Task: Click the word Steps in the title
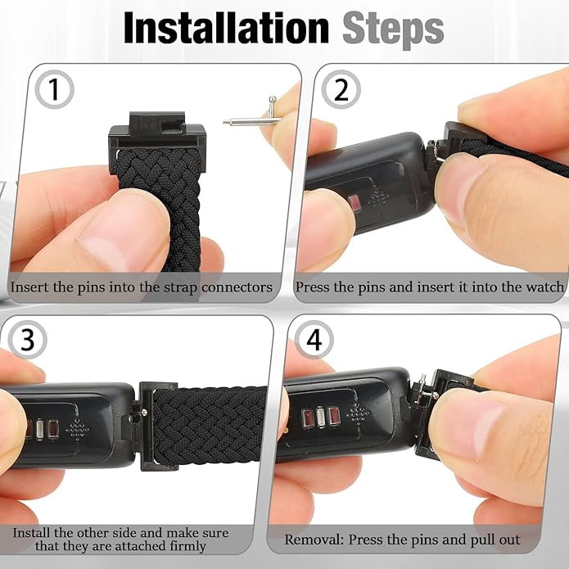click(x=394, y=29)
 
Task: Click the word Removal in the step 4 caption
click(x=314, y=540)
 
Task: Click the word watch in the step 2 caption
click(x=544, y=287)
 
